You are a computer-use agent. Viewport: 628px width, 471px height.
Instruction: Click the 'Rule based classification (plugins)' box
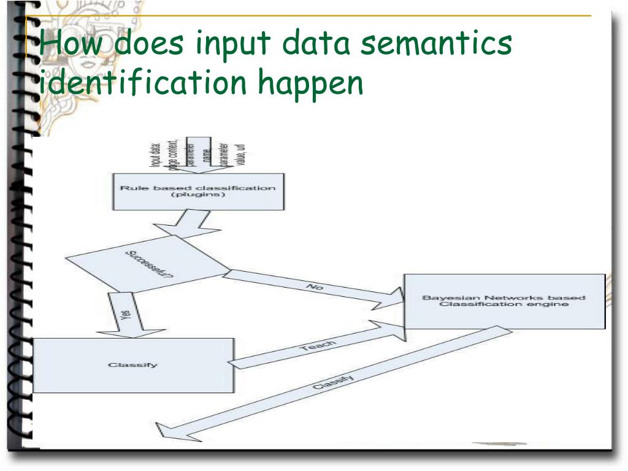197,191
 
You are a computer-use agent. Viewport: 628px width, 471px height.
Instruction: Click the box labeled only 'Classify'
133,365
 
